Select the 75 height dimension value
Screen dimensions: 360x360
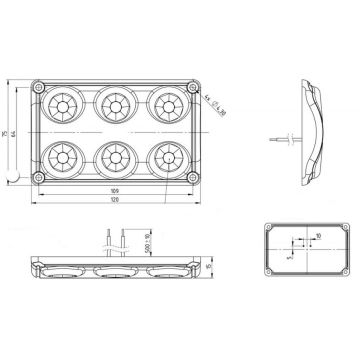tap(7, 133)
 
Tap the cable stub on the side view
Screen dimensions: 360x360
tap(283, 130)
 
